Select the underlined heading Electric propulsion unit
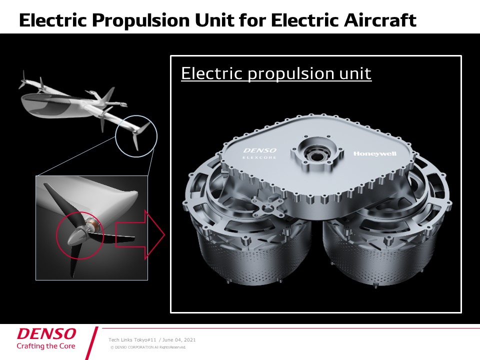click(x=276, y=73)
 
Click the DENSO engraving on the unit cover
click(x=260, y=150)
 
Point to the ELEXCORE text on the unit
click(x=259, y=157)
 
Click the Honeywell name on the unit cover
click(x=374, y=153)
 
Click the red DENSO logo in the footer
click(x=46, y=333)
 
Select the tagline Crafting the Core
click(x=46, y=346)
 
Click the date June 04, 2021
click(x=179, y=340)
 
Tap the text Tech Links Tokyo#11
click(x=132, y=340)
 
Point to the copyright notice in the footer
click(x=148, y=347)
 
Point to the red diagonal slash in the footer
click(x=91, y=343)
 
